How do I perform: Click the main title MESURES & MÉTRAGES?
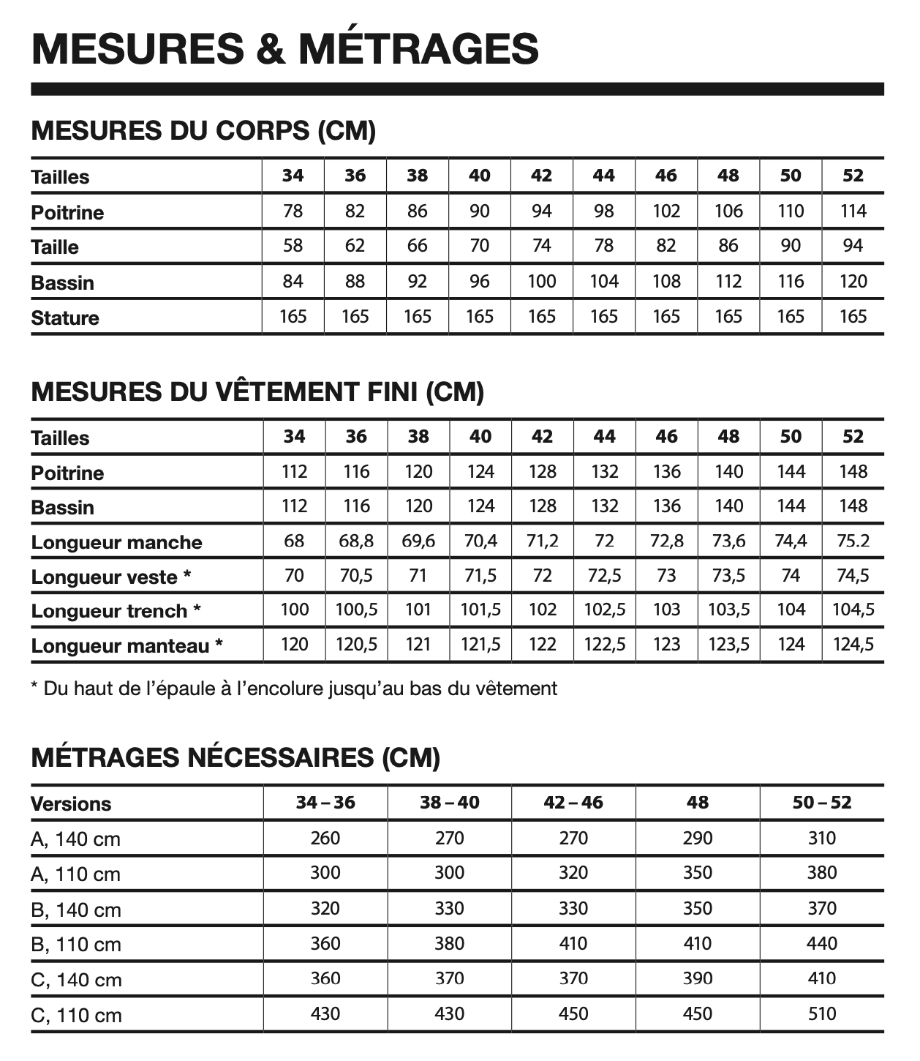285,48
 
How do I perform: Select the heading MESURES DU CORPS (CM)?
203,131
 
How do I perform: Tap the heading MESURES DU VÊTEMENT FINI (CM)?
257,391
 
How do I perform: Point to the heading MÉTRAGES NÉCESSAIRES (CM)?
235,757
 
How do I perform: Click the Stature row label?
65,318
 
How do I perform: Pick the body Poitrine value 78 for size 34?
293,211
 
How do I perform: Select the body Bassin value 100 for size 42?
542,282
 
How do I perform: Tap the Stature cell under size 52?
853,317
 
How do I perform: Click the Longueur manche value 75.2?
853,541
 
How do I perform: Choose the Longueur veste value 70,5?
356,577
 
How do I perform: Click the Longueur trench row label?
116,612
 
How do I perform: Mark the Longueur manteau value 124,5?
853,645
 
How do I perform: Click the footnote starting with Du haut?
294,689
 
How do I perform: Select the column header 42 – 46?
573,803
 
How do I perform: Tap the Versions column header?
71,804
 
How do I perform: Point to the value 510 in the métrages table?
821,1014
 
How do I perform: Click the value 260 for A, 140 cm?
325,839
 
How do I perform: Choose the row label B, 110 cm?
76,945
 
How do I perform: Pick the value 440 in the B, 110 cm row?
821,944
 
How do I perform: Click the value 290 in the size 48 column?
697,839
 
